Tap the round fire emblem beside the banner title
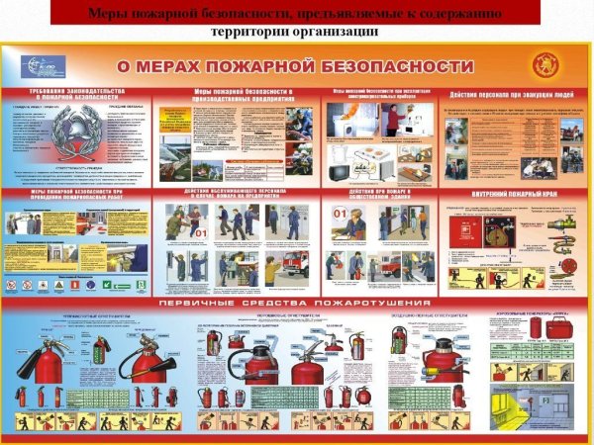pyautogui.click(x=544, y=65)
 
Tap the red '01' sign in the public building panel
pyautogui.click(x=338, y=213)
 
